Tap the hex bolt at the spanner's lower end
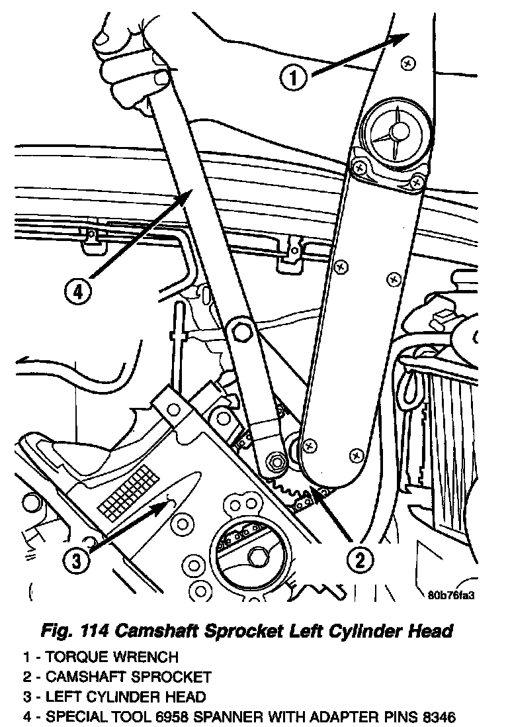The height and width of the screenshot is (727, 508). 275,461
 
